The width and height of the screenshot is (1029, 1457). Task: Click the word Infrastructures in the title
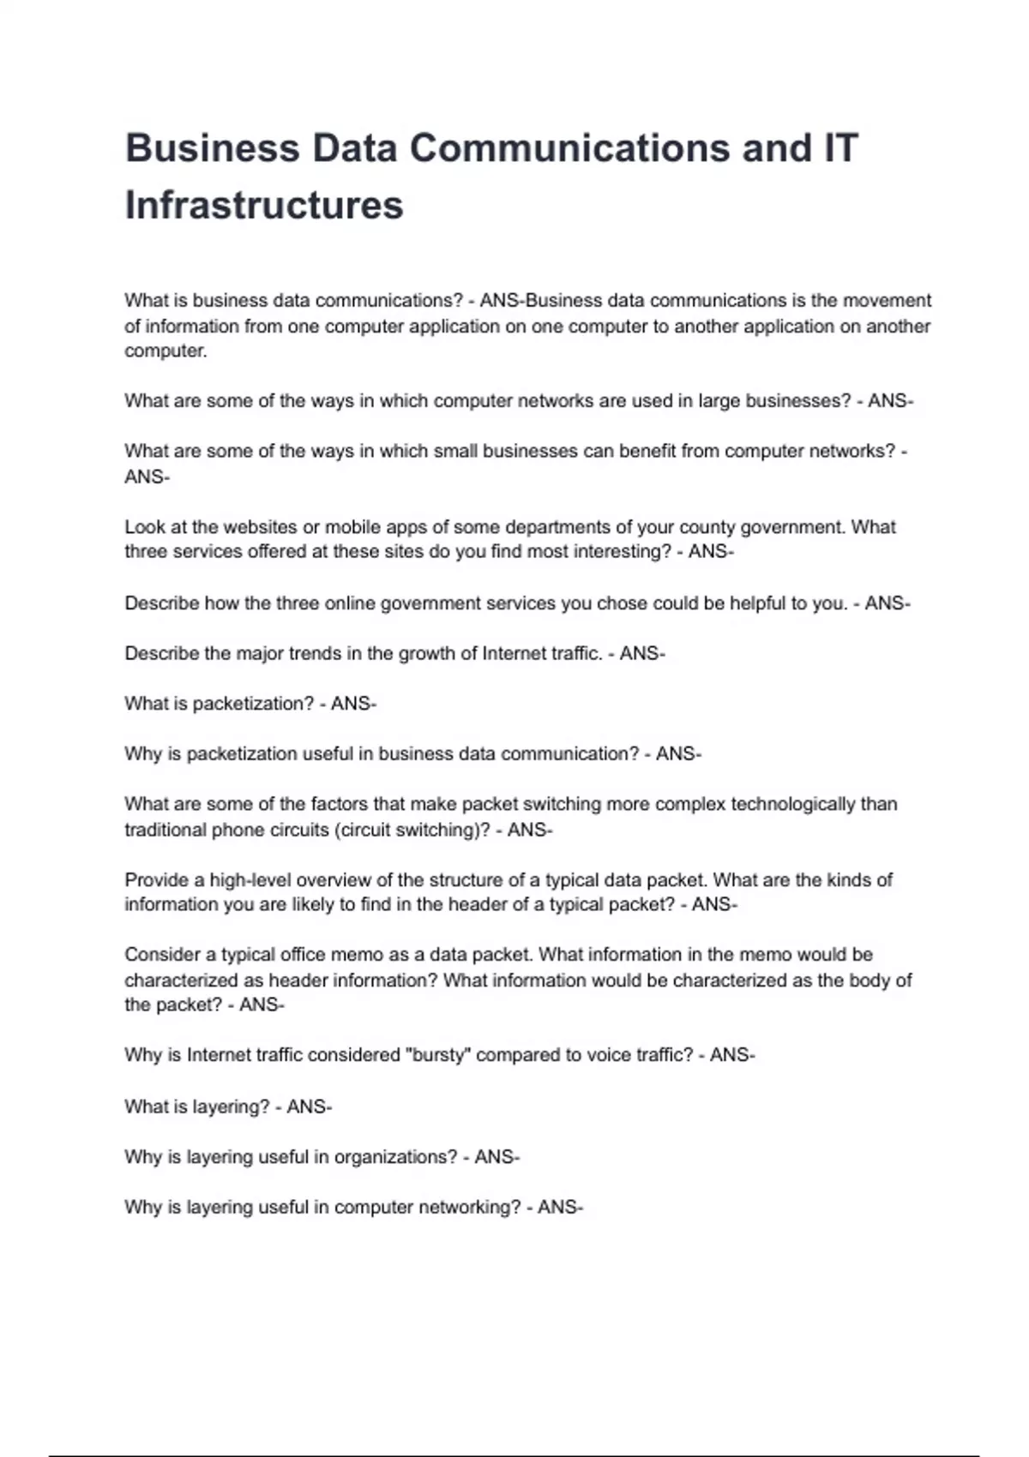coord(264,206)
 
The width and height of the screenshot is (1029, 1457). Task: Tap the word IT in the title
coord(840,148)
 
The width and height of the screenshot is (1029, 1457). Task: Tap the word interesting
coord(623,552)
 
